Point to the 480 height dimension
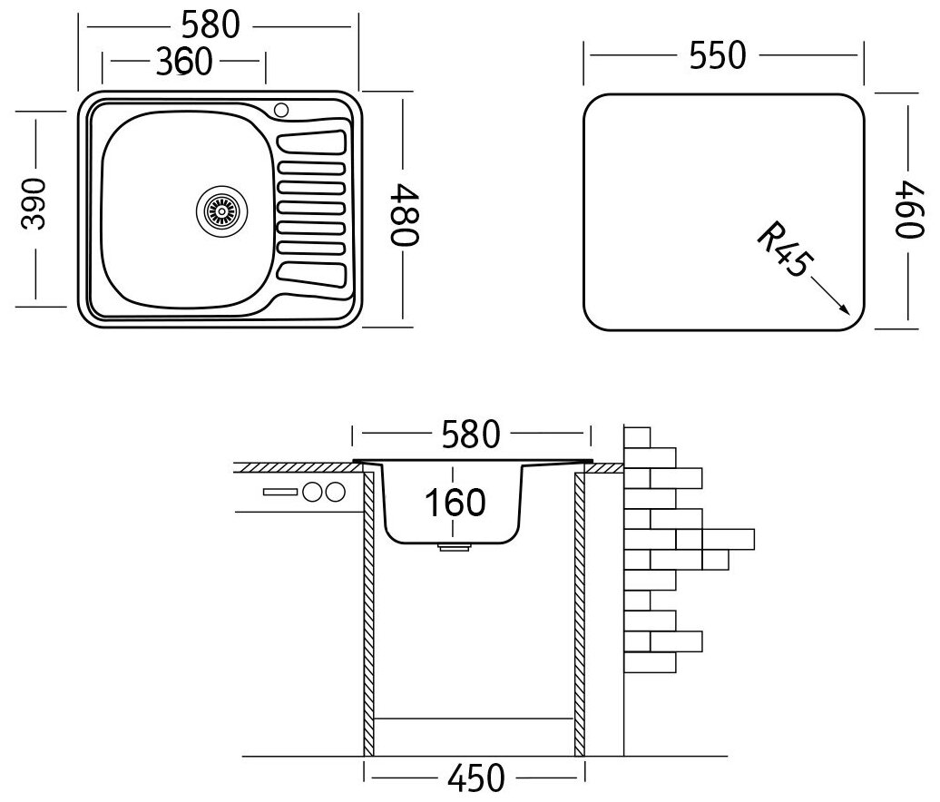tap(405, 213)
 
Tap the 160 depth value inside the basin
tap(454, 502)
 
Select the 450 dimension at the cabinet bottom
tap(474, 778)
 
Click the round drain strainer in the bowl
tap(220, 210)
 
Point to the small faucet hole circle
tap(280, 111)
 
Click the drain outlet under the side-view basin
tap(453, 548)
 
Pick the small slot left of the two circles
tap(279, 493)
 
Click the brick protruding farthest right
tap(728, 538)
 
